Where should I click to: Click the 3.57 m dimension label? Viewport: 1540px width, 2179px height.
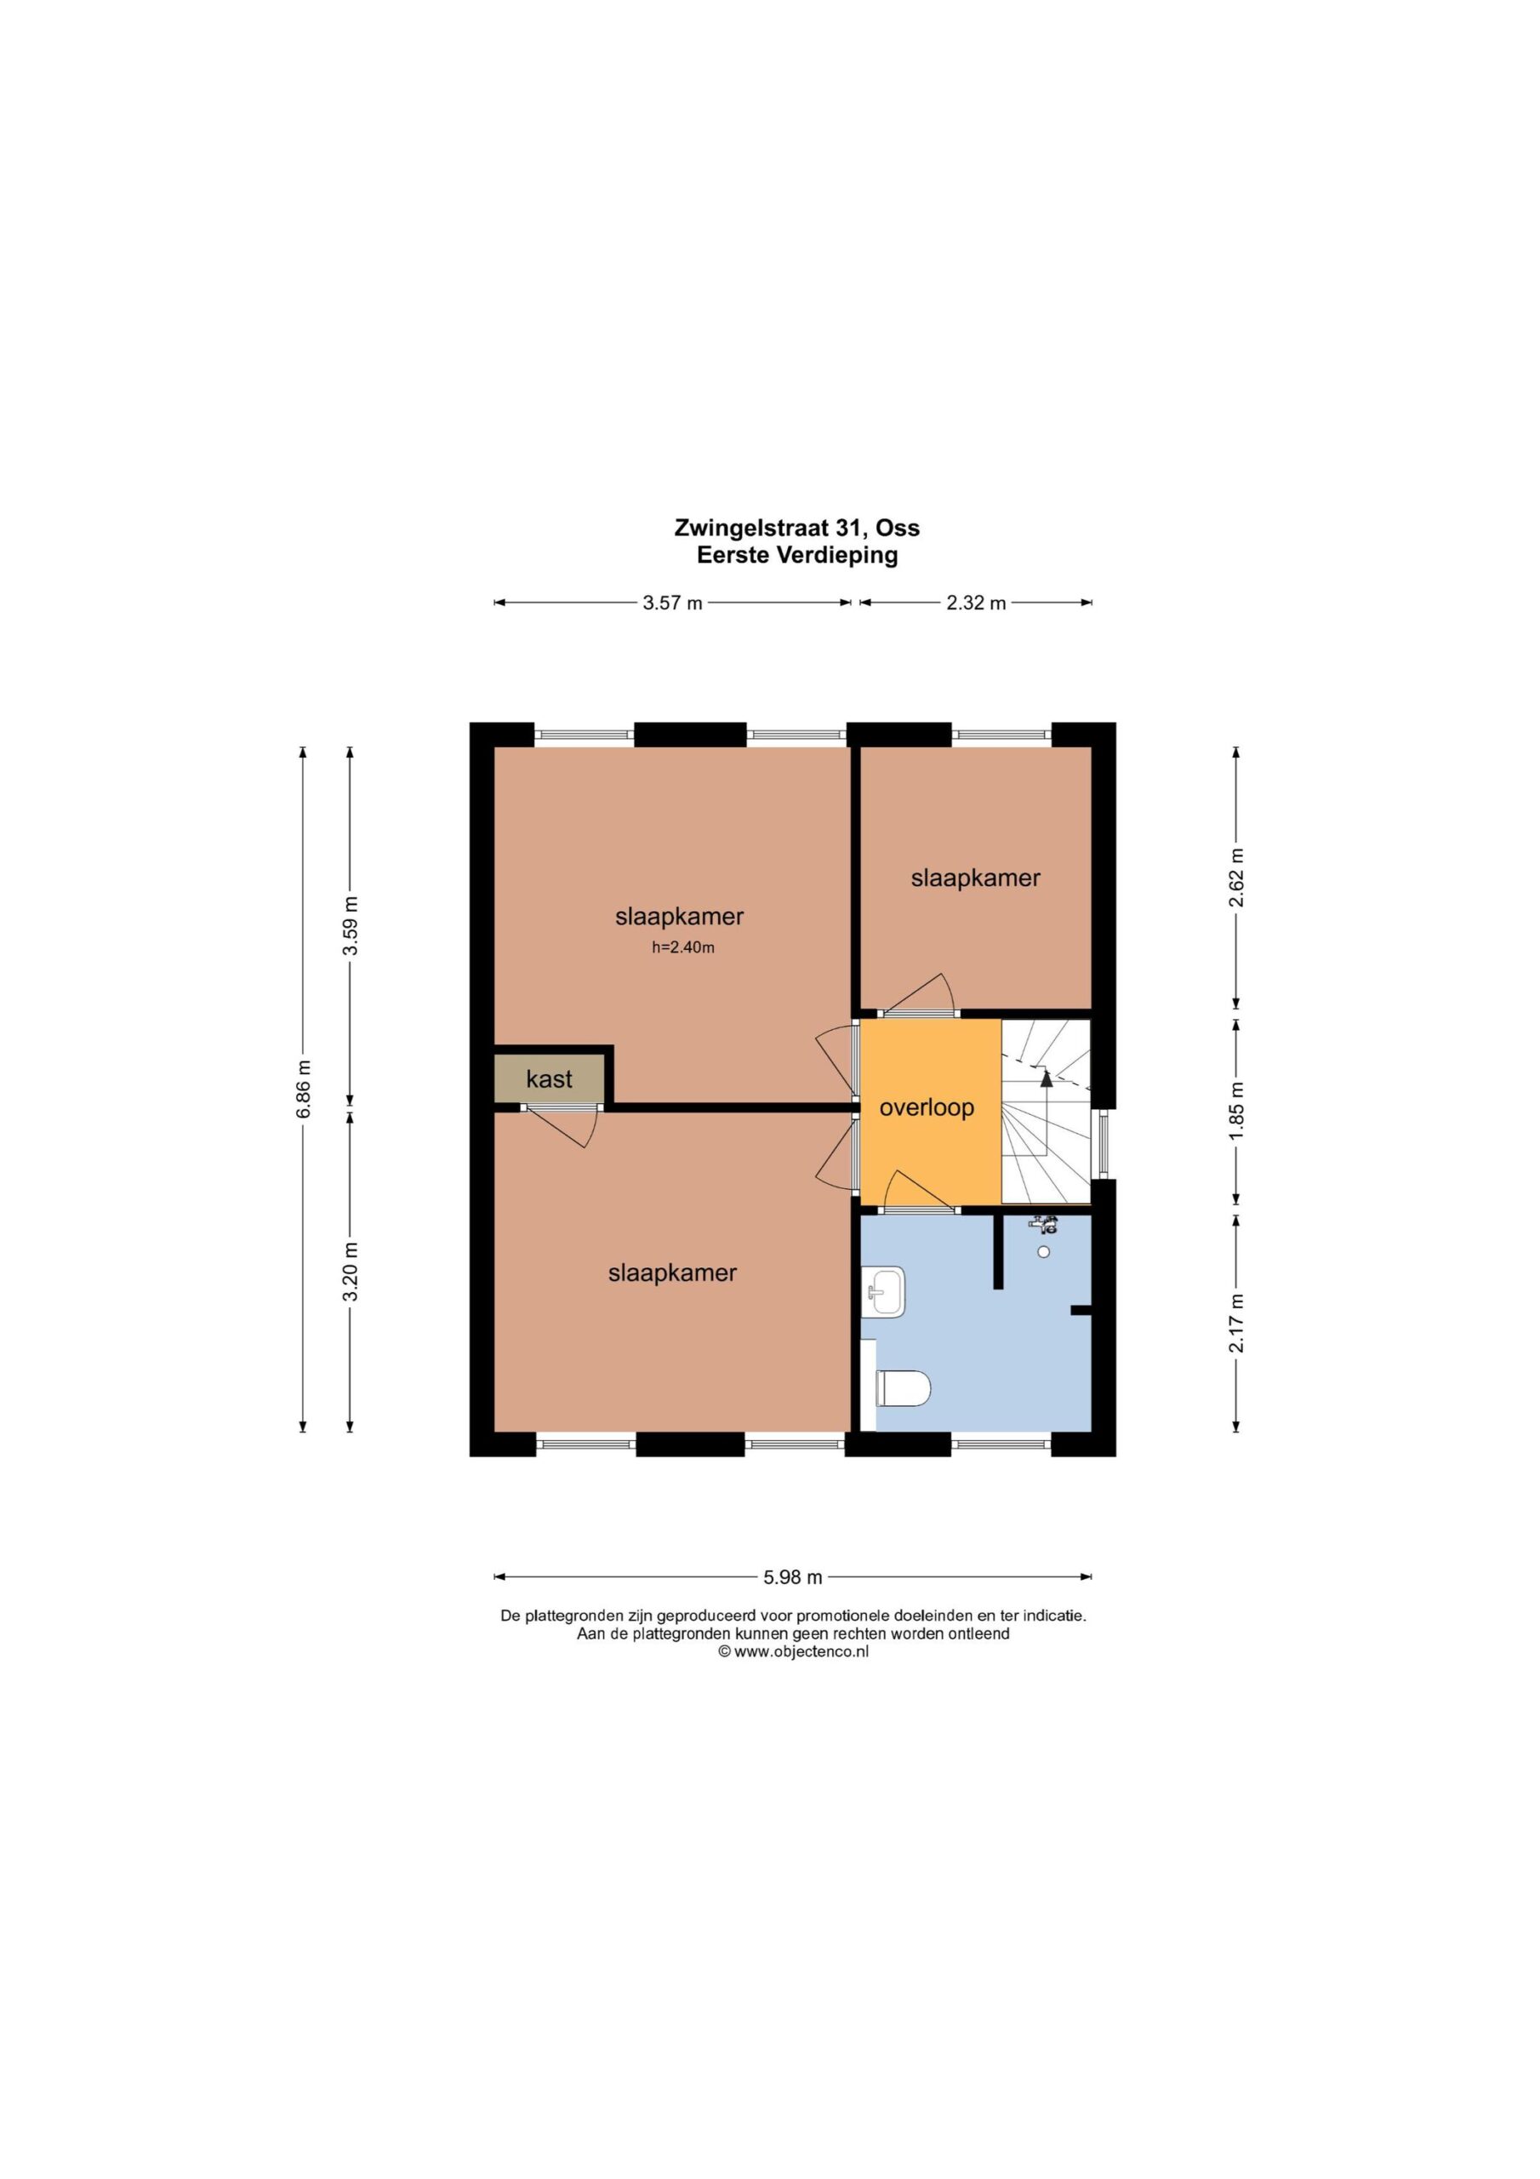point(672,603)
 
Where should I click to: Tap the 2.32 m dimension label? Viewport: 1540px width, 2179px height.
point(975,603)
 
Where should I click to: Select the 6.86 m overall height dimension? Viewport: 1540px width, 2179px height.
point(304,1089)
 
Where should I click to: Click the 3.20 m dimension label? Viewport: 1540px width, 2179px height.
point(351,1272)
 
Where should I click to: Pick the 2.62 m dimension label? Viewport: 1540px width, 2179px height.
point(1236,877)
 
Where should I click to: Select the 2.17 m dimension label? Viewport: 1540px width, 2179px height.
point(1236,1323)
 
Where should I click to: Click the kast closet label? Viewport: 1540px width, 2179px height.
point(550,1079)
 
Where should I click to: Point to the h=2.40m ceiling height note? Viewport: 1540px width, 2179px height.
point(683,947)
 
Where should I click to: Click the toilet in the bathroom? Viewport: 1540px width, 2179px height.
point(903,1389)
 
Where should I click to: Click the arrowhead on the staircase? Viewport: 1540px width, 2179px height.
point(1047,1078)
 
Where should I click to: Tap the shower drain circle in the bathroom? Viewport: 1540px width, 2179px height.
point(1044,1253)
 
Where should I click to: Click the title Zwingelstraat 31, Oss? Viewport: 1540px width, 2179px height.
point(797,527)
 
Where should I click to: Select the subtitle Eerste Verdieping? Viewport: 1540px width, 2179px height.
point(797,555)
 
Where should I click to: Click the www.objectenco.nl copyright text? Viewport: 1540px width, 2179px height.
point(793,1651)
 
